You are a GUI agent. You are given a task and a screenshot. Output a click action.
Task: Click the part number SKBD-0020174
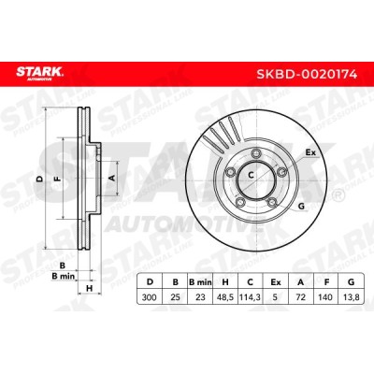click(307, 75)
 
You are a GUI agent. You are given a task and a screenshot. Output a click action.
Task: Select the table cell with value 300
click(150, 297)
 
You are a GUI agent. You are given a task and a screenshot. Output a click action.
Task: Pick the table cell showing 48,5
click(224, 297)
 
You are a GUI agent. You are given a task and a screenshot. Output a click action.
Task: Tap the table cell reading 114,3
click(250, 297)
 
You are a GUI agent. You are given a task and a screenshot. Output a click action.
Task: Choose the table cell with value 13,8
click(352, 297)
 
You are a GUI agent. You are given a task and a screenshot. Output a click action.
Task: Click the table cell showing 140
click(326, 297)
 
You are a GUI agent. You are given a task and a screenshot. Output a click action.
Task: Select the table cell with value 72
click(301, 297)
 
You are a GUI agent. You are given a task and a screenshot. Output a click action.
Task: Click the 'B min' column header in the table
click(200, 282)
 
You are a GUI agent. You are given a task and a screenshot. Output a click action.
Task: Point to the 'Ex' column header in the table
click(276, 282)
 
